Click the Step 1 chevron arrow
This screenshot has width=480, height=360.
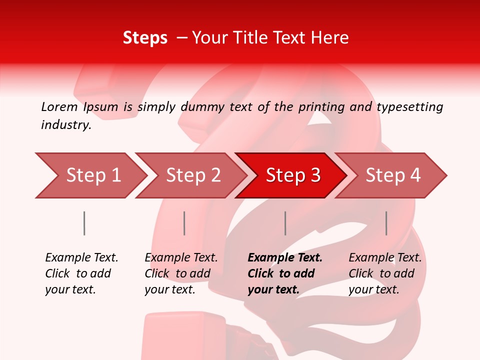coord(92,175)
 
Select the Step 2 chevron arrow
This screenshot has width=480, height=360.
coord(192,175)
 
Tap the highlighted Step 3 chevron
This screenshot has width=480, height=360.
coord(292,175)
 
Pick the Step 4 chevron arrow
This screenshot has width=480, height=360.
coord(392,175)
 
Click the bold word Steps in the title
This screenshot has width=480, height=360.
coord(145,38)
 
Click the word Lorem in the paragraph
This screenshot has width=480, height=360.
coord(59,106)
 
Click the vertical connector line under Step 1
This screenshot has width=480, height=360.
coord(84,223)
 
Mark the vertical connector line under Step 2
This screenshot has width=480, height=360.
coord(184,223)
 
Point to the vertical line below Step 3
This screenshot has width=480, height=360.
coord(285,223)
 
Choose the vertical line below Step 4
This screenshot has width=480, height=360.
coord(386,223)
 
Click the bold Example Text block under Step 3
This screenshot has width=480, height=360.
coord(285,273)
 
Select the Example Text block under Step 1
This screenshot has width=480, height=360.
coord(81,273)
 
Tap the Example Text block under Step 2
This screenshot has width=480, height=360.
coord(181,273)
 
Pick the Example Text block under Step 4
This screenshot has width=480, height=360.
coord(385,273)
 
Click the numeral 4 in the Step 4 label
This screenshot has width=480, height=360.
coord(414,175)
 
